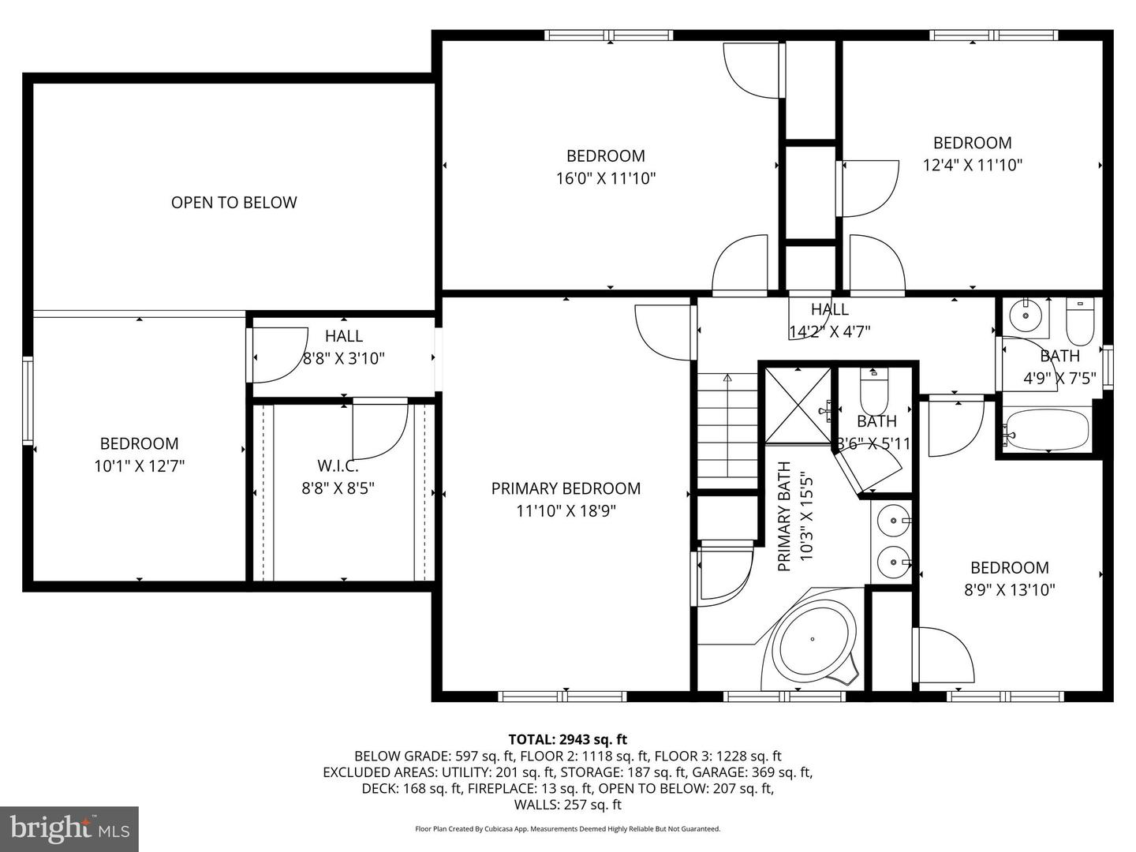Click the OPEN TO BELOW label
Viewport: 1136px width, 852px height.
pyautogui.click(x=234, y=202)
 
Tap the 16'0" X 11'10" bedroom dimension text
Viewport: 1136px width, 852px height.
pyautogui.click(x=606, y=178)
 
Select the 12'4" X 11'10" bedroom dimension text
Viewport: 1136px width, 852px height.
pyautogui.click(x=973, y=165)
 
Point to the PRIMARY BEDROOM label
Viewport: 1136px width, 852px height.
pyautogui.click(x=566, y=488)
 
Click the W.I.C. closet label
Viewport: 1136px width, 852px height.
pyautogui.click(x=338, y=466)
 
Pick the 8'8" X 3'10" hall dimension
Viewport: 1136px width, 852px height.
pyautogui.click(x=344, y=358)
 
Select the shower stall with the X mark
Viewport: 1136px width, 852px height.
pyautogui.click(x=798, y=406)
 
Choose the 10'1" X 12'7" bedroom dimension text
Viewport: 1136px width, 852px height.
pyautogui.click(x=139, y=466)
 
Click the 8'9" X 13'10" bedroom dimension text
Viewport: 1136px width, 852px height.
pyautogui.click(x=1009, y=590)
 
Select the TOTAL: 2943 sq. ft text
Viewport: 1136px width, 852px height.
pyautogui.click(x=568, y=739)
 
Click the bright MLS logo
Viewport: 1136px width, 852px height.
pyautogui.click(x=69, y=828)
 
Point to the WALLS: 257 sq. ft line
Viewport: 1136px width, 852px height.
pyautogui.click(x=568, y=805)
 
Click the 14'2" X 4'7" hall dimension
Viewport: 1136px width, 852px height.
pyautogui.click(x=830, y=331)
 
